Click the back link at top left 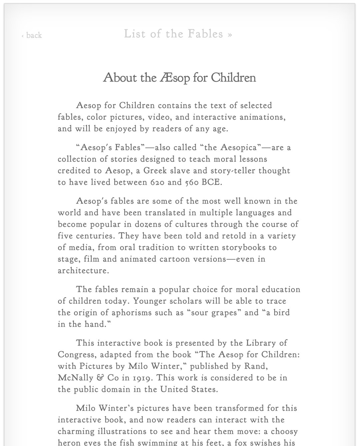(32, 35)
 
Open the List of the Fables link (178, 34)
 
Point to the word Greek (155, 171)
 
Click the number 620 (157, 183)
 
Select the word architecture (83, 270)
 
